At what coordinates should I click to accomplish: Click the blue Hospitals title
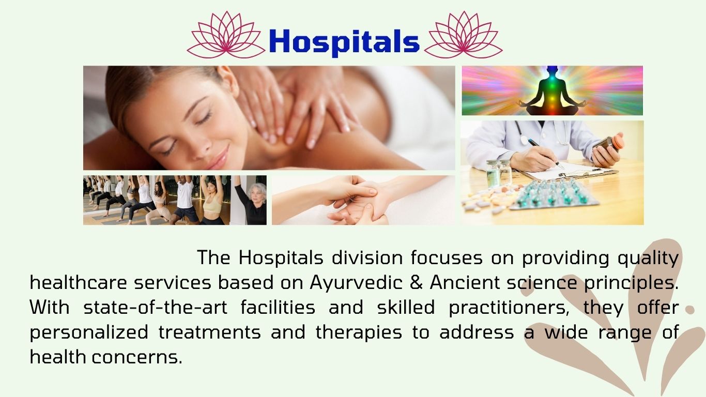pos(344,42)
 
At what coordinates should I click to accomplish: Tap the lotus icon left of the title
pos(226,35)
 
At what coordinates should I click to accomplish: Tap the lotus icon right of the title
pos(463,35)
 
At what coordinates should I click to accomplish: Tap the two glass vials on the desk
pos(498,173)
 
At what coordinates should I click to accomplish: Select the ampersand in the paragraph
pos(416,282)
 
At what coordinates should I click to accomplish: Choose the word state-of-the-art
pos(155,308)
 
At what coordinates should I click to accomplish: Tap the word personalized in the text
pos(89,333)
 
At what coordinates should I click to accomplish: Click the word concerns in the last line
pos(137,358)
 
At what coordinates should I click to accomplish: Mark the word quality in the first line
pos(648,258)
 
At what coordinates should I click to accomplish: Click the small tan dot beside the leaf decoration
pos(690,310)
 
